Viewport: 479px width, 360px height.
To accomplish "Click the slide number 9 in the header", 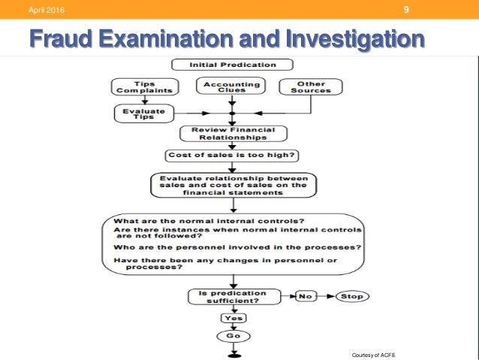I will coord(406,11).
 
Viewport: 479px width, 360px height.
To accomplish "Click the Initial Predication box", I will coord(233,65).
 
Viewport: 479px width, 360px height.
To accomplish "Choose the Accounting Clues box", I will coord(232,86).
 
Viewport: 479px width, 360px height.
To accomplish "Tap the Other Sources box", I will coord(310,86).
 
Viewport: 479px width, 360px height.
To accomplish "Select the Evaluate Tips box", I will coord(144,113).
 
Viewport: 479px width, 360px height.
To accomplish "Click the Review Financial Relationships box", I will coord(233,134).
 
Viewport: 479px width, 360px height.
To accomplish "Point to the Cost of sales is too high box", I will coord(233,156).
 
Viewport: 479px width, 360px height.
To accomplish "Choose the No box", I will coord(306,296).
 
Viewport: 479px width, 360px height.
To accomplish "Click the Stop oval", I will coord(352,296).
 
